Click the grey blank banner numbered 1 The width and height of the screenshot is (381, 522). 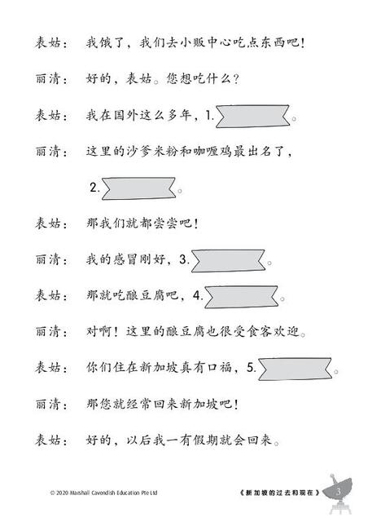pos(253,116)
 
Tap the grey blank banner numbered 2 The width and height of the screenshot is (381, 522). pos(138,188)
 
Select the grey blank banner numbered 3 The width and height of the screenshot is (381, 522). pos(228,261)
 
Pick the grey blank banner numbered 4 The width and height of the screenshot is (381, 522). pos(241,297)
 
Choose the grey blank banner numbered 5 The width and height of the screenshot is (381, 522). pos(296,369)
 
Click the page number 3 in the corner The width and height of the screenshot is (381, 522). pos(339,492)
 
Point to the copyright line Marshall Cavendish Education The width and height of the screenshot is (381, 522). pos(103,493)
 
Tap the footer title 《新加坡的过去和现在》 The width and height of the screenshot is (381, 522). pos(280,493)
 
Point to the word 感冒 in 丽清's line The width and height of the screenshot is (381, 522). pos(126,259)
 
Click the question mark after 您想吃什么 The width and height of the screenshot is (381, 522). pos(236,80)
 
